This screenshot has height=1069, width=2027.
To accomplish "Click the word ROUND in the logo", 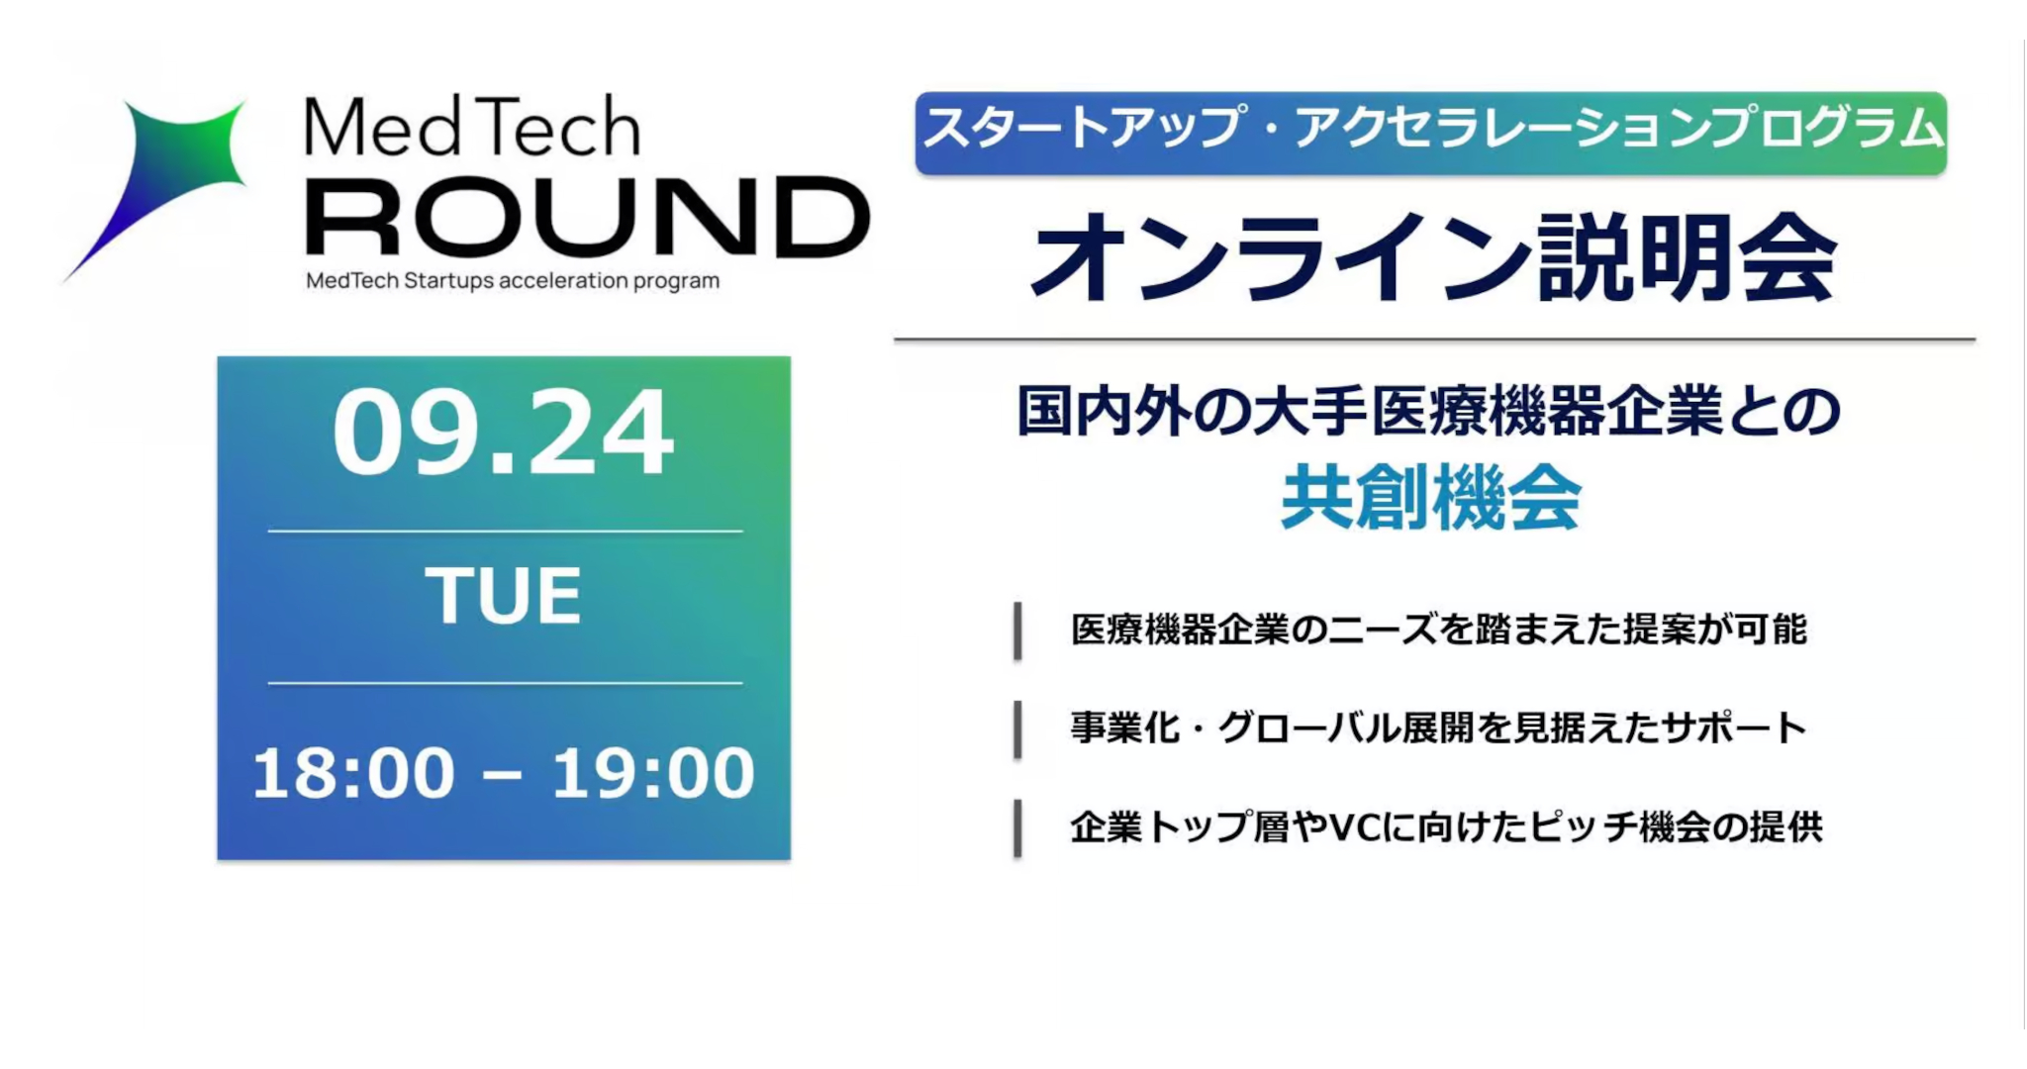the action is (588, 218).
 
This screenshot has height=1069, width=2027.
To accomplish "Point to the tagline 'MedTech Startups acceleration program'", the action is (513, 281).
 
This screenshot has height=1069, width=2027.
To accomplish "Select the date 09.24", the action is (504, 434).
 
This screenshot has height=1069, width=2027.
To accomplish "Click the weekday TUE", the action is (504, 596).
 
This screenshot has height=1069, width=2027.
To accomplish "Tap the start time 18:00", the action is (353, 773).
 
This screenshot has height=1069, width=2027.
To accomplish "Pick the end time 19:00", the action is (653, 773).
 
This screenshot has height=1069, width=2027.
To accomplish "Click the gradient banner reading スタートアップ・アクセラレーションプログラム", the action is (1431, 134).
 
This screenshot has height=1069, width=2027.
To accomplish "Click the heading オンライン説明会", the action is (1434, 258).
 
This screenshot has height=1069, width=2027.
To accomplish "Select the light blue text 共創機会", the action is (1431, 499).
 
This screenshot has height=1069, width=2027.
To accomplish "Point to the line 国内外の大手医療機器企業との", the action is (1429, 412).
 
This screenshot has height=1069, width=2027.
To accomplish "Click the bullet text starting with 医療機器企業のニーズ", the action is (1439, 630).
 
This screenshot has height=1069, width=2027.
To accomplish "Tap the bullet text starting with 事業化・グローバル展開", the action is (1439, 729).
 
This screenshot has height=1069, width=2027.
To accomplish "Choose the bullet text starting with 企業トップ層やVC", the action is (1446, 827).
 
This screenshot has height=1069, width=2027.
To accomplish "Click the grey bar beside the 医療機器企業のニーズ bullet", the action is (1017, 631).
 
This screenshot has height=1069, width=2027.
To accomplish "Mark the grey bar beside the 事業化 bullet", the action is (1017, 729).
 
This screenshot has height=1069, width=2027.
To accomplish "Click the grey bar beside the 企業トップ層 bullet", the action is (1017, 828).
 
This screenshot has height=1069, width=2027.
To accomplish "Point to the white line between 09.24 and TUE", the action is (505, 532).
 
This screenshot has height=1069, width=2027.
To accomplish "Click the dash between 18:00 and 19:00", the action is (503, 775).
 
